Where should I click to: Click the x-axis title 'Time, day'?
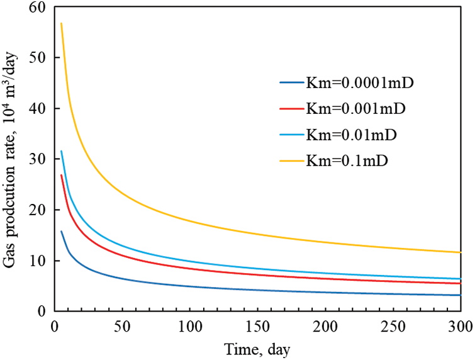pyautogui.click(x=257, y=347)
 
